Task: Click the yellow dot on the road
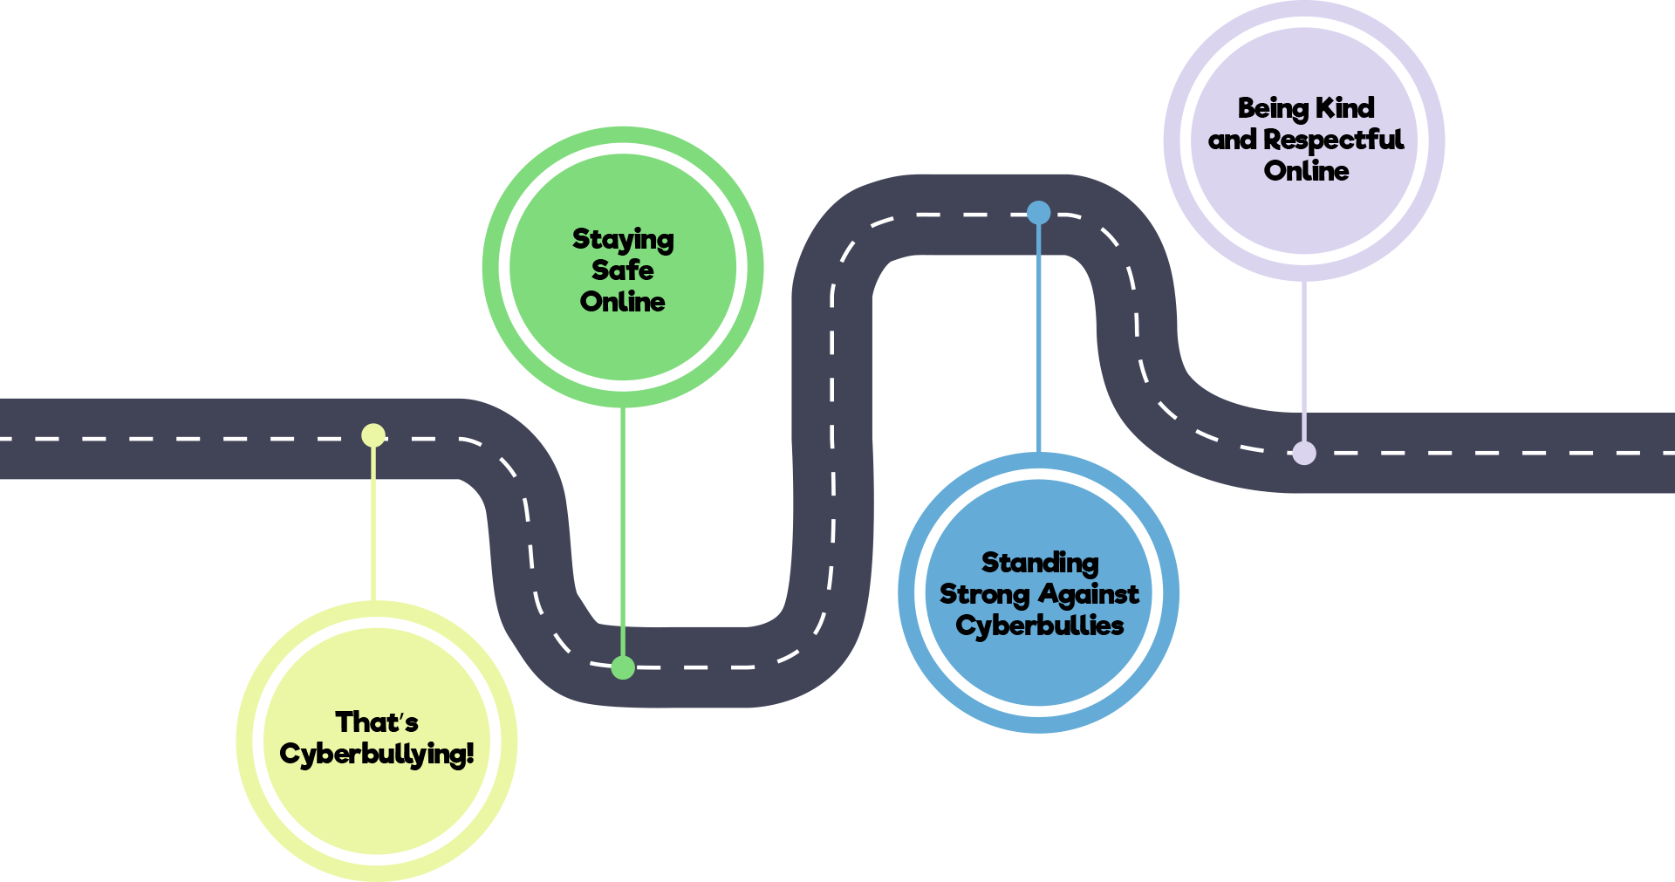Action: (x=373, y=434)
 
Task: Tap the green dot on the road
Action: (x=623, y=667)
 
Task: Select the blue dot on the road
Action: (x=1038, y=213)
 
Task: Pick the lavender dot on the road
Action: (x=1303, y=453)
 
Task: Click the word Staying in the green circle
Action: (x=623, y=240)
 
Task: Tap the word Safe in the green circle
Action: (x=622, y=270)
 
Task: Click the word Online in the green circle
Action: (x=622, y=302)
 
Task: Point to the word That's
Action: (x=377, y=722)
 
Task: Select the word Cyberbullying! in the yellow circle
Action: (x=377, y=755)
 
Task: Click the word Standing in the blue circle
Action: (x=1040, y=563)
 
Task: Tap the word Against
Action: (x=1088, y=595)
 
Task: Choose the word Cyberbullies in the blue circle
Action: (x=1040, y=626)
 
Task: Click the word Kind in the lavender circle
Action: (x=1344, y=108)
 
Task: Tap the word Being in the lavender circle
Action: (x=1272, y=108)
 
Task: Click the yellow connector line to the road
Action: (x=373, y=523)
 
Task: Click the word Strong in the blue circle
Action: (x=984, y=595)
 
